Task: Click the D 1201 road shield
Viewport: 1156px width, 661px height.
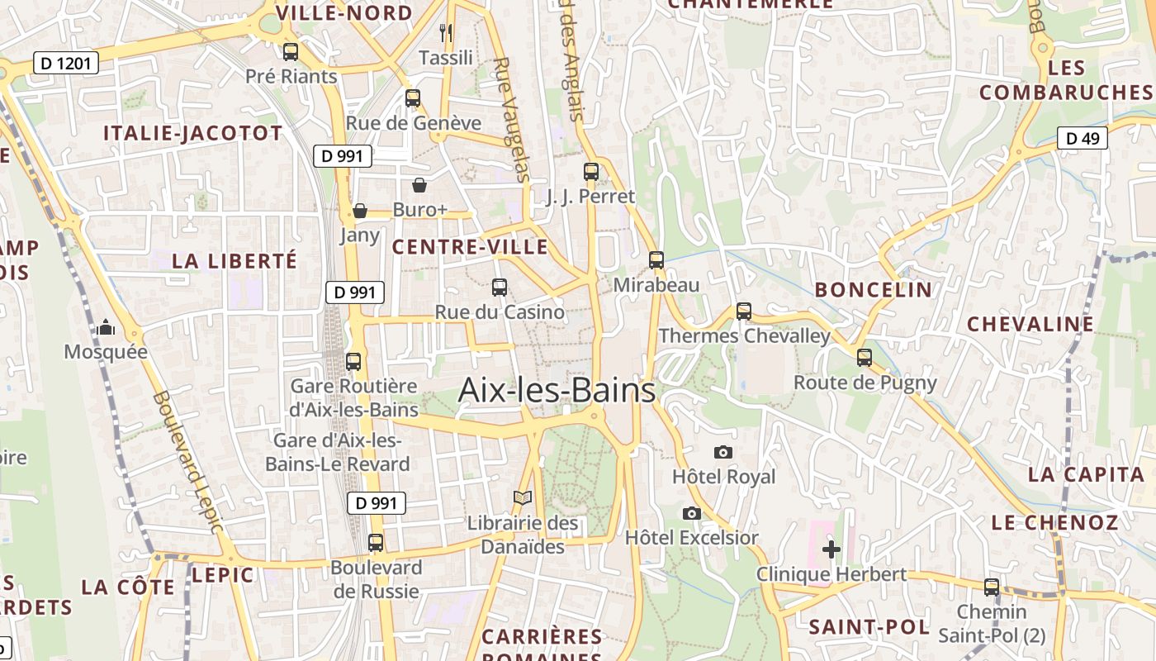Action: tap(66, 63)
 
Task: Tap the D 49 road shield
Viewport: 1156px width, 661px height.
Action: tap(1082, 138)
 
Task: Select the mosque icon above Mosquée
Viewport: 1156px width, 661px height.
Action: tap(106, 328)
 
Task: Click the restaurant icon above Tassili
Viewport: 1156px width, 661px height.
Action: tap(446, 33)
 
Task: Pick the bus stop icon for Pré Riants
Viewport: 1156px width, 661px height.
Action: tap(291, 52)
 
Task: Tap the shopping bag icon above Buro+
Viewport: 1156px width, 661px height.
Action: tap(419, 184)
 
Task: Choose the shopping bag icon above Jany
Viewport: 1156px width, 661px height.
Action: tap(360, 211)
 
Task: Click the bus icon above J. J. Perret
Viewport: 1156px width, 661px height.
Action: tap(591, 172)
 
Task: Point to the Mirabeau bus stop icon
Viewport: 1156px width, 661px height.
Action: tap(656, 260)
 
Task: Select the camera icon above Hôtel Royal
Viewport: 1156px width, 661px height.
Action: tap(723, 452)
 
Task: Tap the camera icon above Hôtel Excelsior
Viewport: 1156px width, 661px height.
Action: tap(692, 513)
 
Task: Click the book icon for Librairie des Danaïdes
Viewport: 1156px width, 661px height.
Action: tap(522, 497)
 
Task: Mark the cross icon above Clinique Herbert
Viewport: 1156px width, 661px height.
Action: tap(831, 549)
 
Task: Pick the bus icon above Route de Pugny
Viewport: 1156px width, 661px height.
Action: tap(865, 358)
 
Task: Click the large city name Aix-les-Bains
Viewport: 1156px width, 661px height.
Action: tap(557, 390)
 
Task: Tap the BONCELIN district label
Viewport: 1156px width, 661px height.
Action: tap(873, 290)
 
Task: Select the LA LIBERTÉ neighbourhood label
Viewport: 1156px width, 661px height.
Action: tap(234, 261)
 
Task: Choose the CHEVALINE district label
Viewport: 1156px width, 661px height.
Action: tap(1030, 324)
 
